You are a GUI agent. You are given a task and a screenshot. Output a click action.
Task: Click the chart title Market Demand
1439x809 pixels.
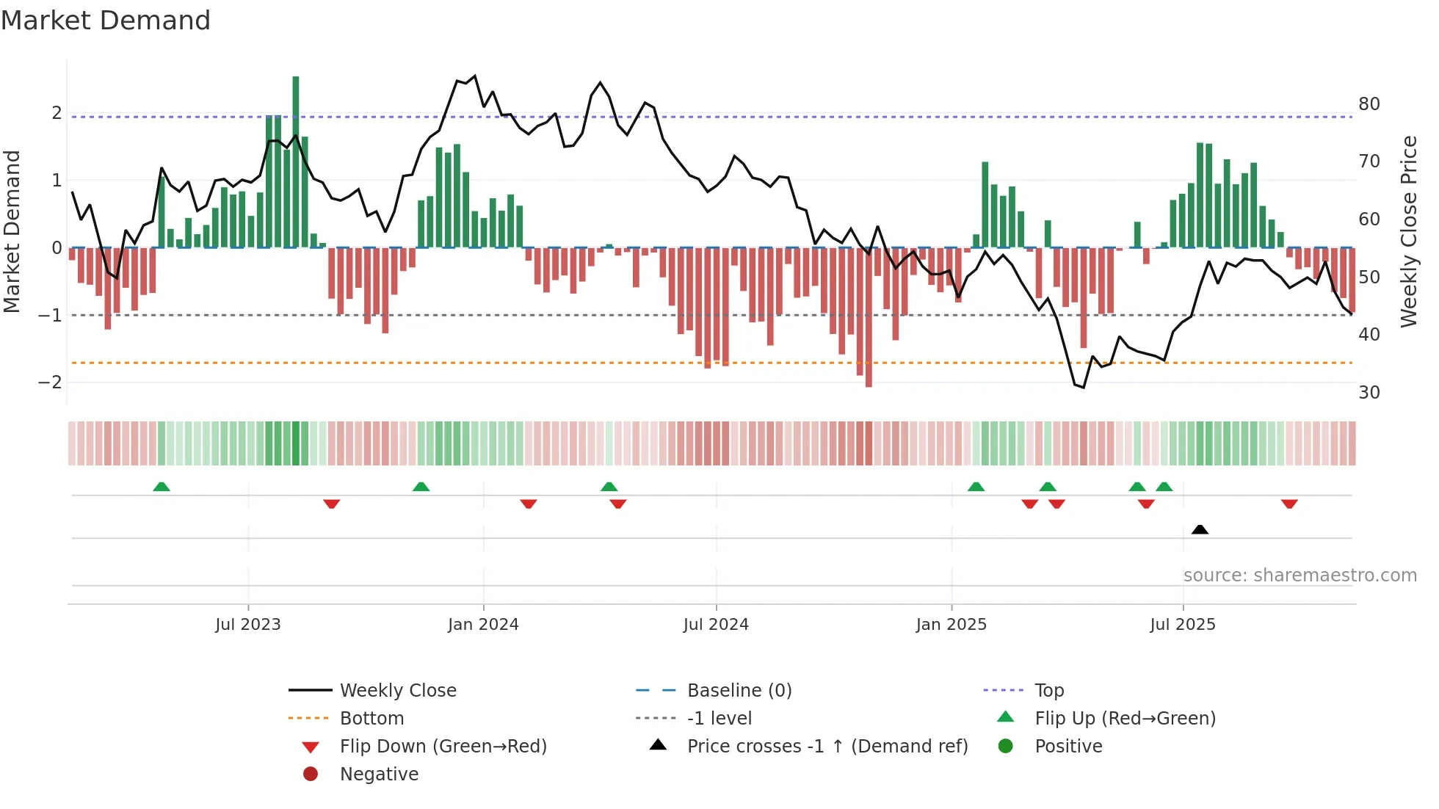[106, 21]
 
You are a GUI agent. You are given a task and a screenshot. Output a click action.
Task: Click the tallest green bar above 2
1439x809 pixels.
[296, 162]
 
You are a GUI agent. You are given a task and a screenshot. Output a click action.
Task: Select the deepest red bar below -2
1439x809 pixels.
[869, 317]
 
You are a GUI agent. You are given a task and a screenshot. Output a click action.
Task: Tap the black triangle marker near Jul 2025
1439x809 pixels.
[1200, 529]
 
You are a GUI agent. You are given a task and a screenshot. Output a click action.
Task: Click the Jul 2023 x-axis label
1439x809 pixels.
[248, 625]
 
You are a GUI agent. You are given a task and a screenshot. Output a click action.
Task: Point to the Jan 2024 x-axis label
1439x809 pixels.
[483, 625]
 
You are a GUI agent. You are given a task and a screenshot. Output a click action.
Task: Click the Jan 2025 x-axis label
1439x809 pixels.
[952, 625]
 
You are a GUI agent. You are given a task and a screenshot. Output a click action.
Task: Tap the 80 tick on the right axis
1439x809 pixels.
[1369, 104]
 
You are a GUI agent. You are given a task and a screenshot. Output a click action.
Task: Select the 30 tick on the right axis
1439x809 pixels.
[1369, 392]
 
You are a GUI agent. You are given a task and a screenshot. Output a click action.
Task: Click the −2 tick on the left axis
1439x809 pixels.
[50, 382]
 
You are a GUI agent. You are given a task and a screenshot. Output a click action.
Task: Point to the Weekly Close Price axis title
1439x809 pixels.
[1409, 231]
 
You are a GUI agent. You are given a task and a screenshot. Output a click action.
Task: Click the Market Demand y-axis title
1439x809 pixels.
[12, 231]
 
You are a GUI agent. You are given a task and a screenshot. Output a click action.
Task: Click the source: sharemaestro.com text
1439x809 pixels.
[1300, 576]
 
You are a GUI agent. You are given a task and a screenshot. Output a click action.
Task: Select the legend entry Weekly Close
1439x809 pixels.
[398, 691]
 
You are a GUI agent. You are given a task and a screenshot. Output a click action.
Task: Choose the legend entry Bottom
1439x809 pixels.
[371, 719]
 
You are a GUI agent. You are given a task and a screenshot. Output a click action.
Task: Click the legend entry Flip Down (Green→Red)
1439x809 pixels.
[443, 747]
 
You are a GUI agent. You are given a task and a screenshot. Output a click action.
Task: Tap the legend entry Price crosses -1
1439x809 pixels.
[827, 747]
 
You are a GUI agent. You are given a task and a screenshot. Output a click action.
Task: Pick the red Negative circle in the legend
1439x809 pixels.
[311, 774]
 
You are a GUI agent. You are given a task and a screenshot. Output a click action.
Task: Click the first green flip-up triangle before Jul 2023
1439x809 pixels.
[162, 487]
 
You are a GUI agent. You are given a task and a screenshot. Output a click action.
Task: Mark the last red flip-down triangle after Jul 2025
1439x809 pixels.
[1289, 504]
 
